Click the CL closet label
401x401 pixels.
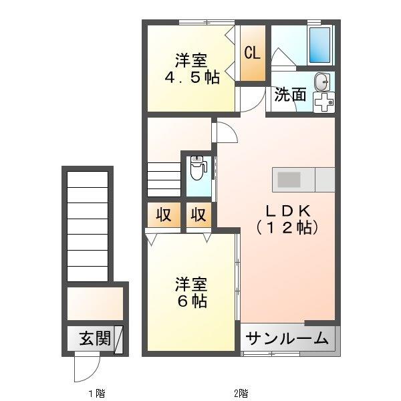[x=253, y=53]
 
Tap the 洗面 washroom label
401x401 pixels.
[x=290, y=95]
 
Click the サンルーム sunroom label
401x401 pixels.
[x=287, y=338]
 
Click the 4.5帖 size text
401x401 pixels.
[x=192, y=78]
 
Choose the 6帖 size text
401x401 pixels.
[x=192, y=301]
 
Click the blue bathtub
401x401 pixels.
[x=320, y=44]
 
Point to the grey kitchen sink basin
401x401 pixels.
[x=290, y=179]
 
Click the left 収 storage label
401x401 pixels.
[x=164, y=215]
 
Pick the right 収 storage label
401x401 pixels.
[x=197, y=215]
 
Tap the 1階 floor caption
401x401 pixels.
[x=95, y=392]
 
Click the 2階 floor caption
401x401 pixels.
[x=241, y=392]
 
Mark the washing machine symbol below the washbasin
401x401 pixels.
[x=323, y=103]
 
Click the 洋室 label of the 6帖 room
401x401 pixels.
[x=192, y=283]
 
